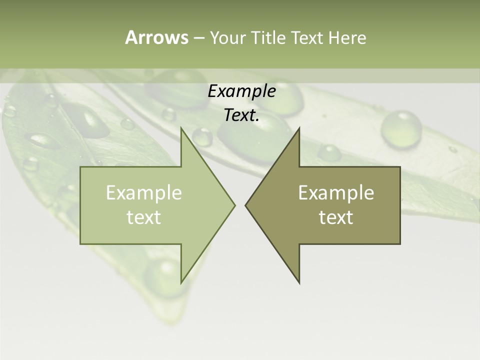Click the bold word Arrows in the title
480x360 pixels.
(x=156, y=37)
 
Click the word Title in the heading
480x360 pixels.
(x=268, y=37)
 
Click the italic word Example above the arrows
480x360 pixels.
(x=241, y=91)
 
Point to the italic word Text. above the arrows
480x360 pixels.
(x=241, y=115)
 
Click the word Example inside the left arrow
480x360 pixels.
(x=144, y=193)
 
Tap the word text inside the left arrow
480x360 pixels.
(x=144, y=217)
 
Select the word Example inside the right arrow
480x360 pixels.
(x=336, y=193)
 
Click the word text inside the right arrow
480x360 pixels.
(x=336, y=217)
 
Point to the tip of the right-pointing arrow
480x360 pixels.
(x=234, y=205)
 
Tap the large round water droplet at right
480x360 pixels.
(x=401, y=128)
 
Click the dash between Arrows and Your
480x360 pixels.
(x=198, y=38)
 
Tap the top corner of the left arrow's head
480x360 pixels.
(x=181, y=128)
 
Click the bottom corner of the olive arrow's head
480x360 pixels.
(x=299, y=283)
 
